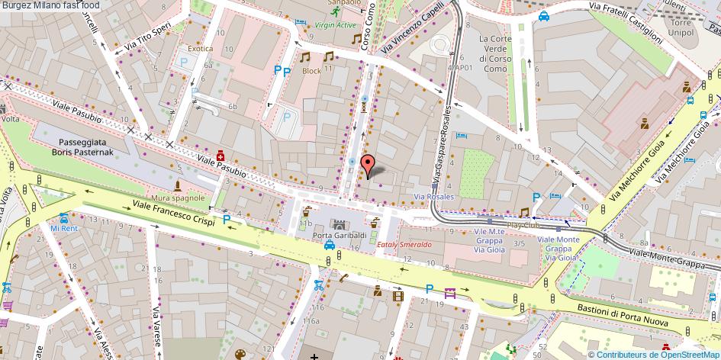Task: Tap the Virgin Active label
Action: click(336, 24)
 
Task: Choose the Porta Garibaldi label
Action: click(338, 234)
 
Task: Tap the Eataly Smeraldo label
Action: click(405, 245)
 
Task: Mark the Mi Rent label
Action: click(64, 228)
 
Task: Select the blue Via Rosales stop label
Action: click(433, 196)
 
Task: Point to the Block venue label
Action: click(311, 70)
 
